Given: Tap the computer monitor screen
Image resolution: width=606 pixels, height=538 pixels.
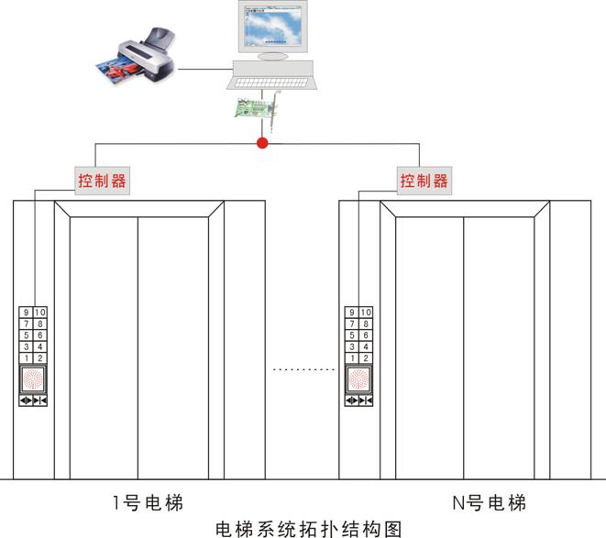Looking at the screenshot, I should pyautogui.click(x=273, y=28).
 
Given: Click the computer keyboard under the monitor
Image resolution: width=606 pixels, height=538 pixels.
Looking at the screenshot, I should pyautogui.click(x=273, y=78).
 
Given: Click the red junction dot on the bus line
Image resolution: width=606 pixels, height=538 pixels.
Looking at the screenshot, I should pyautogui.click(x=263, y=143).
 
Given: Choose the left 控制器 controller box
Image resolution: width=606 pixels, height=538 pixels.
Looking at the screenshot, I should pyautogui.click(x=102, y=181).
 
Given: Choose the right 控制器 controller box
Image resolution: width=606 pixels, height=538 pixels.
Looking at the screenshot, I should pyautogui.click(x=424, y=181).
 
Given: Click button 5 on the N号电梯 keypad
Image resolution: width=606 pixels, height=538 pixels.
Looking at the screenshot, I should pyautogui.click(x=350, y=335).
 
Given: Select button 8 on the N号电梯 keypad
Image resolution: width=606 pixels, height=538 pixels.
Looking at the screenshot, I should pyautogui.click(x=365, y=324).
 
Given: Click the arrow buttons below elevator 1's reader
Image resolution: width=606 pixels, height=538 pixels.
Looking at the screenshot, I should pyautogui.click(x=33, y=401).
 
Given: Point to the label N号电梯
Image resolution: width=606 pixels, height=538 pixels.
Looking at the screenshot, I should pyautogui.click(x=490, y=502).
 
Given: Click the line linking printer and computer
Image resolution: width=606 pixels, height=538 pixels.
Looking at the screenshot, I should pyautogui.click(x=204, y=67).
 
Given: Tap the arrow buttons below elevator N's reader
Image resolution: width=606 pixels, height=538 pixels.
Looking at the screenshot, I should pyautogui.click(x=358, y=401).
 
